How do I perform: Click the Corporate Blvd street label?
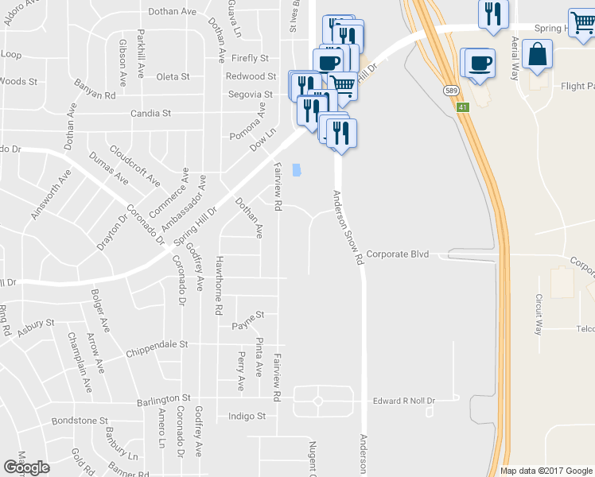point(398,254)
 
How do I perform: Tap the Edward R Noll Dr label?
point(406,401)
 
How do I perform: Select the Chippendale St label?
point(157,345)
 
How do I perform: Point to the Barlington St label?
point(164,397)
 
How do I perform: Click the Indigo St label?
point(247,416)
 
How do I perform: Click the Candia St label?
point(151,114)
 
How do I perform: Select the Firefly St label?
point(251,58)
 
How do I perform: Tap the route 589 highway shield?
point(451,91)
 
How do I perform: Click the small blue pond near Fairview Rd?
point(297,170)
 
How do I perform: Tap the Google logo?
point(26,467)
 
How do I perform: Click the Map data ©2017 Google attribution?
point(546,471)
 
